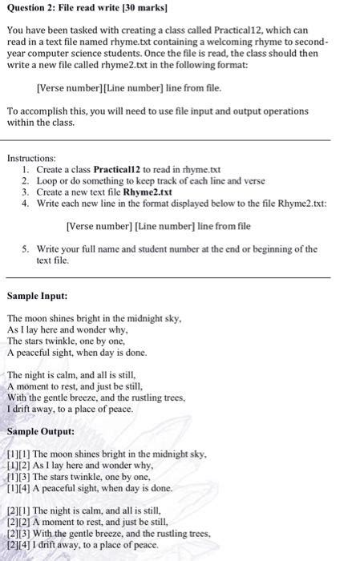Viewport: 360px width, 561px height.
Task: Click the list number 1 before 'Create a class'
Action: (27, 171)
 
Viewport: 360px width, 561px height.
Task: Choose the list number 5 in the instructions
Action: (26, 249)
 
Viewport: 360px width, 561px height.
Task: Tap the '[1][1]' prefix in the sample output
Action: (18, 454)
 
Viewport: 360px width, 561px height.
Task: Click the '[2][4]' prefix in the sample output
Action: (18, 544)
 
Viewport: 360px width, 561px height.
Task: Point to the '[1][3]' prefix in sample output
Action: (18, 477)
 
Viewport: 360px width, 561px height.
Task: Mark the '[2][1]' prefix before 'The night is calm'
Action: (18, 511)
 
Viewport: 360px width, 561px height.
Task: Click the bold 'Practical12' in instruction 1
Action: (117, 171)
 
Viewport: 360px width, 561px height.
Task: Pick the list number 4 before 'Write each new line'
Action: (26, 204)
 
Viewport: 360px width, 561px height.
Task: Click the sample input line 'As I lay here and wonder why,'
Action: (68, 329)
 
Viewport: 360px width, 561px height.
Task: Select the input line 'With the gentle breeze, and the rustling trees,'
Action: (96, 398)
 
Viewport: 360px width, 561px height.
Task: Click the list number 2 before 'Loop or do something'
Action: (26, 182)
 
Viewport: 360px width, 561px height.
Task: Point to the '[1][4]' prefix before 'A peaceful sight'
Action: (18, 488)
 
